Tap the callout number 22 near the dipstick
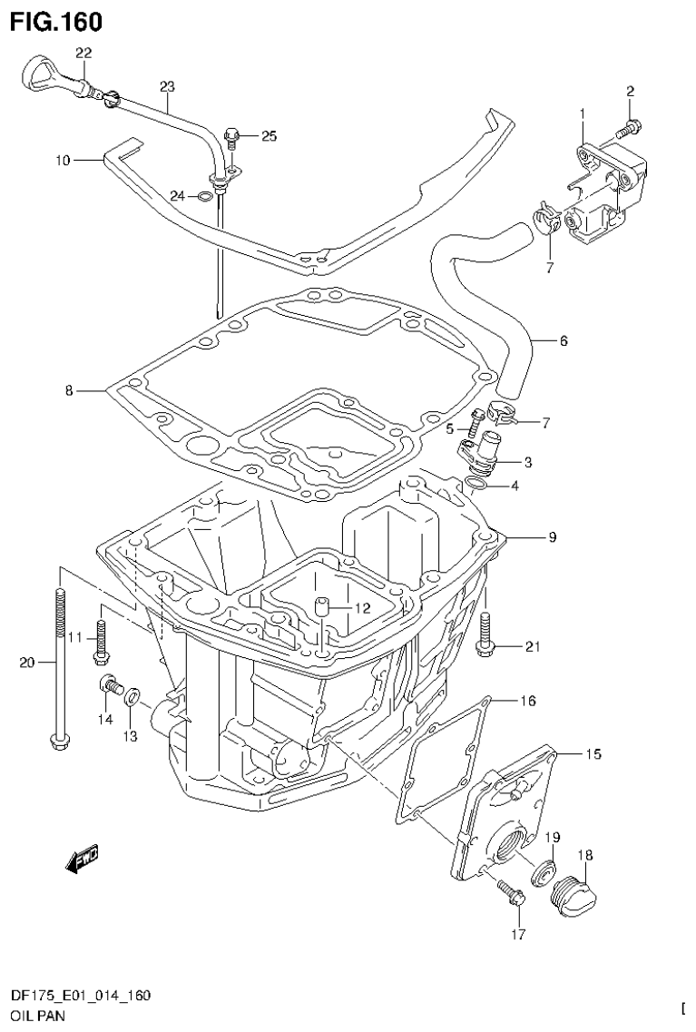coord(83,53)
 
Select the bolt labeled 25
coord(231,138)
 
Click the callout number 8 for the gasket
coord(69,390)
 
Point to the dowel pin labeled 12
coord(322,606)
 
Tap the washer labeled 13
coord(132,697)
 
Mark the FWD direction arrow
coord(83,858)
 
